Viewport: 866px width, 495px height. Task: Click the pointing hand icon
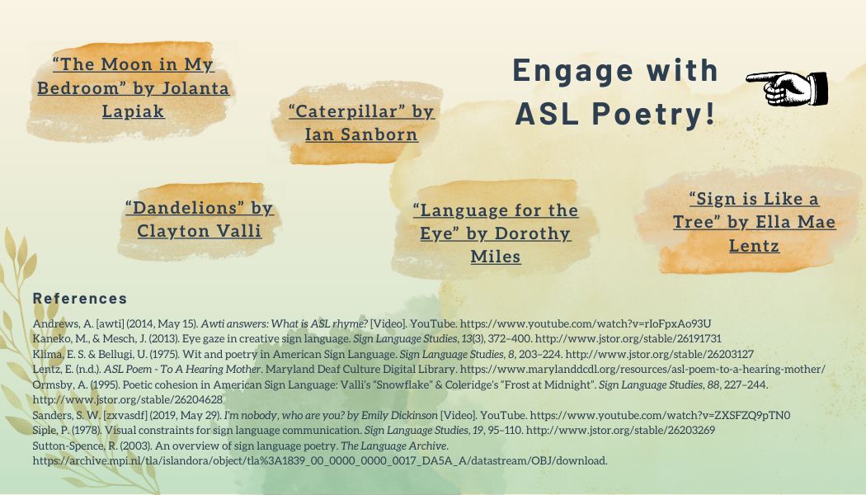(787, 88)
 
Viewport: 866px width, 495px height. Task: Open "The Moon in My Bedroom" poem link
(133, 87)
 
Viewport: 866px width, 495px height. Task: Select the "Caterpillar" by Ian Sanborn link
(362, 123)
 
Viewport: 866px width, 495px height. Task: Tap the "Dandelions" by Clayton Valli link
(200, 219)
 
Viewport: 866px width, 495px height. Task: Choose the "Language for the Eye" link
(496, 233)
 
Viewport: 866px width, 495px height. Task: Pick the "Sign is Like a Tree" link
(755, 222)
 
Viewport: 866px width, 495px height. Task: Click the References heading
(80, 299)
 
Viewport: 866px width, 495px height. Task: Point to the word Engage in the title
(572, 71)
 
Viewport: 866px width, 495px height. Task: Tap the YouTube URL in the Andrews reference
(586, 323)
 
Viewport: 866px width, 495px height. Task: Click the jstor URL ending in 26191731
(628, 338)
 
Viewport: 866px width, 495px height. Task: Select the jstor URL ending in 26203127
(660, 354)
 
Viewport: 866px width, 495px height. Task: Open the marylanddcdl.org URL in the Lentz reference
(642, 369)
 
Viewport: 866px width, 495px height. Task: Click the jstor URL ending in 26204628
(128, 399)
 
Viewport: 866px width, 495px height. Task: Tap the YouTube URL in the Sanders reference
(660, 415)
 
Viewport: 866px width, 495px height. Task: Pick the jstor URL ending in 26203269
(620, 430)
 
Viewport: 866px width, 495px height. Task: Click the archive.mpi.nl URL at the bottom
(320, 460)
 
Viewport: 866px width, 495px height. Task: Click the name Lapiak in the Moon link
(133, 111)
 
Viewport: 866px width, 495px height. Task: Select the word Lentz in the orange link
(755, 246)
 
